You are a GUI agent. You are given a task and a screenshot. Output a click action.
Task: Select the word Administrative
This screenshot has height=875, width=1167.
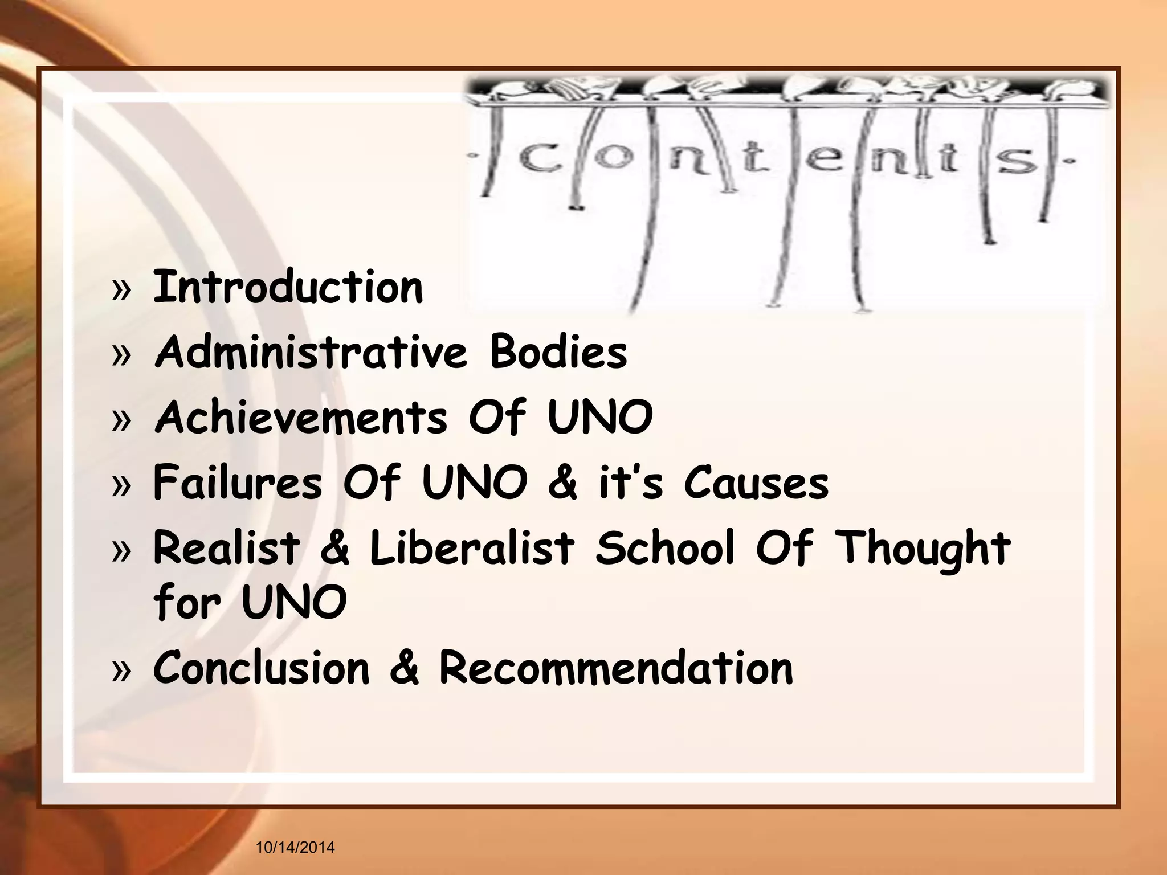click(311, 351)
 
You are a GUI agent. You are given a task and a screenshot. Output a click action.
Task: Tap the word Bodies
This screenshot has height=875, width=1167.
click(558, 351)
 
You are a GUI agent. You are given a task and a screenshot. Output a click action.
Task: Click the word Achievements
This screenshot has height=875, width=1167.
click(301, 417)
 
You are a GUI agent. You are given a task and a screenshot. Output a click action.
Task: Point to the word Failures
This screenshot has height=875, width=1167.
click(238, 483)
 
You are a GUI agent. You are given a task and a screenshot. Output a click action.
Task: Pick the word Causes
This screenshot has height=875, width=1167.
click(756, 483)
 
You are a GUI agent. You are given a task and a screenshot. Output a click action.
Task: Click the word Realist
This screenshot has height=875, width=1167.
click(226, 547)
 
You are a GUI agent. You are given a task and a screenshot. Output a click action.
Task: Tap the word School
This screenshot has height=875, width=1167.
click(665, 547)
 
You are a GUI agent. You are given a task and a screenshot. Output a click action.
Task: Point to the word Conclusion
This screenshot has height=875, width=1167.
click(262, 668)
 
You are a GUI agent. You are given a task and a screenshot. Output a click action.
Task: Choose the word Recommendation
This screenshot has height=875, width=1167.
click(616, 668)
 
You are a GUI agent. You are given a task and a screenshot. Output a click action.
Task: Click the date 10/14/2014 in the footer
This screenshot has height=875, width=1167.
click(295, 848)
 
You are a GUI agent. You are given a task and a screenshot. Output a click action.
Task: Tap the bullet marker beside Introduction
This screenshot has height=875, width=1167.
click(121, 291)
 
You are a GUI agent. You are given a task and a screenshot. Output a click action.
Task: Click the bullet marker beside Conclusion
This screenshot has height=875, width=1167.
click(121, 671)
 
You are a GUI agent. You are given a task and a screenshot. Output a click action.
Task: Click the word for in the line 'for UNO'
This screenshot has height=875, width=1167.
click(187, 602)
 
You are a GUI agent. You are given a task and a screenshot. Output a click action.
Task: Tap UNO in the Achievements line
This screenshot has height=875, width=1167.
click(600, 417)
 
